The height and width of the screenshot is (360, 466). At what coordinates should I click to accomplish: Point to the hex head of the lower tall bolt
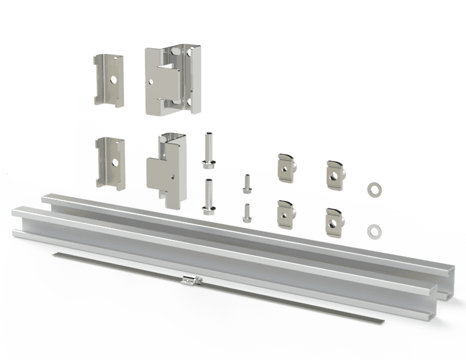point(207,207)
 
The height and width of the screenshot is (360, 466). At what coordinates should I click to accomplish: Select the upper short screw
point(246,185)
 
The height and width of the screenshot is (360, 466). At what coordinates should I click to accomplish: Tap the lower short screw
point(246,213)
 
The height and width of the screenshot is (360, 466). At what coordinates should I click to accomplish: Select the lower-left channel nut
point(285,213)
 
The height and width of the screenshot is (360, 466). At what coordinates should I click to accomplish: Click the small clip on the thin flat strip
point(190,280)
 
